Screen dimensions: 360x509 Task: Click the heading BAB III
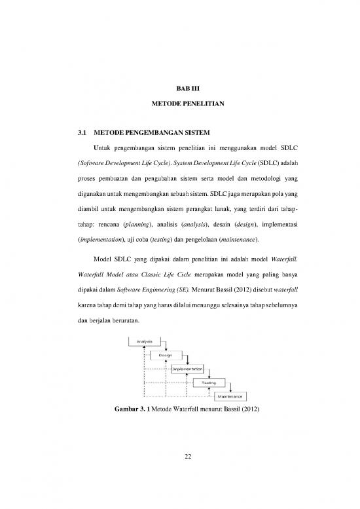coord(180,85)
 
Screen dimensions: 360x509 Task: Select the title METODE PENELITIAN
coord(180,104)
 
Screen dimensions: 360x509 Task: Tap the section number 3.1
coord(83,132)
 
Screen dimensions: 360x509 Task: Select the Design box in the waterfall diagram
coord(166,355)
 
